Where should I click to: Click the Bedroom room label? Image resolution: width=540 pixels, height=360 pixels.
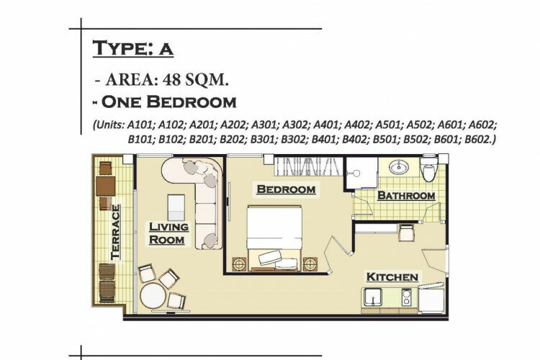286,189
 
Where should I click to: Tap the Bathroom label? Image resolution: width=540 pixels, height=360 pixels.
406,196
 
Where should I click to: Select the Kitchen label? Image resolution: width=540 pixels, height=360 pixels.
392,277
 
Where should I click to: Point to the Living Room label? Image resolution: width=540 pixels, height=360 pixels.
168,233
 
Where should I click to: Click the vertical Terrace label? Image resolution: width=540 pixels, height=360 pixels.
115,232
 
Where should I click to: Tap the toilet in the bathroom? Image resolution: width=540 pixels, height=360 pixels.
429,168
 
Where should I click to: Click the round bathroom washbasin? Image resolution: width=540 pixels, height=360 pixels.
399,168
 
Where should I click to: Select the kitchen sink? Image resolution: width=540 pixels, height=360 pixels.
373,297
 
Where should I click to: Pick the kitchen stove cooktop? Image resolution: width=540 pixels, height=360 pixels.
406,297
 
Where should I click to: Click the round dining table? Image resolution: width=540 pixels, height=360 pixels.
153,295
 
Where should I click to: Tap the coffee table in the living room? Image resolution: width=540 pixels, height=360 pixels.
176,207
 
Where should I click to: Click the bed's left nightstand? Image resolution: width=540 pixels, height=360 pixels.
240,264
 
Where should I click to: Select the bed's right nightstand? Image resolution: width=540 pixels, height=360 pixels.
310,264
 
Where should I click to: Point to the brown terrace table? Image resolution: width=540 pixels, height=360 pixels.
105,186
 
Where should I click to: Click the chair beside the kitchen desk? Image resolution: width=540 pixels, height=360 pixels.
406,233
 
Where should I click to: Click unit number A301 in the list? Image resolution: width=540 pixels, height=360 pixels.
264,125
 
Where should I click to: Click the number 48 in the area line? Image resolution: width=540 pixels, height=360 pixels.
172,80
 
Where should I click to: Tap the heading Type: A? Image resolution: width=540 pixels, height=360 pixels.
133,48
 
